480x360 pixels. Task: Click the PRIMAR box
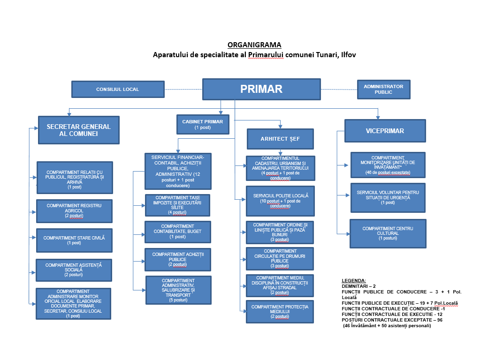pyautogui.click(x=261, y=89)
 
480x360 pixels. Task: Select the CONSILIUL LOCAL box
pyautogui.click(x=117, y=89)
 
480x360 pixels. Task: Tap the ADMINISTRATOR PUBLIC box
pyautogui.click(x=383, y=89)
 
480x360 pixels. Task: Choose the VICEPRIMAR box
pyautogui.click(x=385, y=131)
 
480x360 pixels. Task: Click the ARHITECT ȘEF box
pyautogui.click(x=281, y=139)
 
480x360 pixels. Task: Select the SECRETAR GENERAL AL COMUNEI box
pyautogui.click(x=79, y=130)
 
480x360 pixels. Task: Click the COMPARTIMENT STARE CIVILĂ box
pyautogui.click(x=74, y=240)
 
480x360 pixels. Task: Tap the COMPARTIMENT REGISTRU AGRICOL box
pyautogui.click(x=74, y=211)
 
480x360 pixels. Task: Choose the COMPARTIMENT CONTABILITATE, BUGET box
pyautogui.click(x=177, y=232)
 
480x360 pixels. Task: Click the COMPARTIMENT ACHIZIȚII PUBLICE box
pyautogui.click(x=177, y=259)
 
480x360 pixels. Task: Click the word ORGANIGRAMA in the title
pyautogui.click(x=254, y=45)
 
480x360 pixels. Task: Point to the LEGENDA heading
pyautogui.click(x=354, y=280)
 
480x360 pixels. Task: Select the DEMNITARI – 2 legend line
pyautogui.click(x=359, y=285)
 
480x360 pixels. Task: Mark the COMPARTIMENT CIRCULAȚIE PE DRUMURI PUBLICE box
pyautogui.click(x=280, y=258)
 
